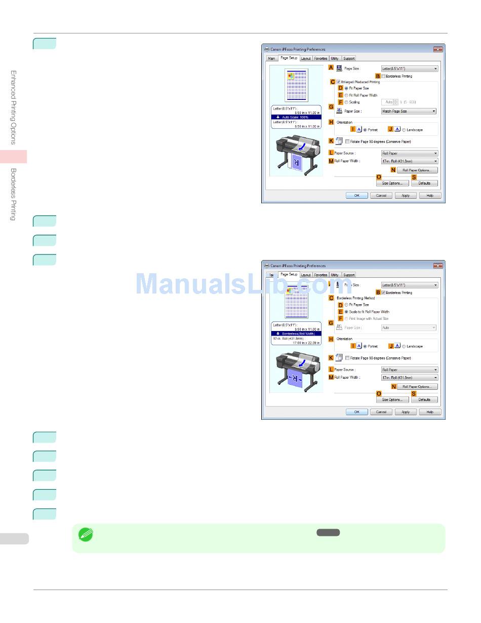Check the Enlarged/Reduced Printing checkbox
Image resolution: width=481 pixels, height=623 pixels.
coord(338,82)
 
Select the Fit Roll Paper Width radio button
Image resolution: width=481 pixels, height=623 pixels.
coord(347,95)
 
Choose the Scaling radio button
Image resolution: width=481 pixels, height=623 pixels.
coord(347,102)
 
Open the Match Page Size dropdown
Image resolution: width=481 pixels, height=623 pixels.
coord(409,111)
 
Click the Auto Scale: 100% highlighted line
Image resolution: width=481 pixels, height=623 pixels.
coord(295,117)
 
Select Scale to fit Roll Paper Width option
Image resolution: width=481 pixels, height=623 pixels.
coord(347,312)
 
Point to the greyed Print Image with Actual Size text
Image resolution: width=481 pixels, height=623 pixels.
coord(369,318)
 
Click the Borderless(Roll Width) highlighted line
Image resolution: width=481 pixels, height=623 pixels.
coord(295,334)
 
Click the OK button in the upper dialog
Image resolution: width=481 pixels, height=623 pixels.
coord(356,195)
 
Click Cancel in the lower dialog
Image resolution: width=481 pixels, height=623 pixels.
coord(381,412)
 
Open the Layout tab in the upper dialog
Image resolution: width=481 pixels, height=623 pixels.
coord(306,58)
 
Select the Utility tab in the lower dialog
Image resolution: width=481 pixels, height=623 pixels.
coord(335,275)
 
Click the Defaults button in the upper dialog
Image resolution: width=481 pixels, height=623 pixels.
coord(424,183)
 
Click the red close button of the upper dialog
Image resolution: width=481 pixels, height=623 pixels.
coord(438,50)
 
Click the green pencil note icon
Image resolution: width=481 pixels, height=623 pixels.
coord(86,534)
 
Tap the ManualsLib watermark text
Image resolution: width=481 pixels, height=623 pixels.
coord(243,284)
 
